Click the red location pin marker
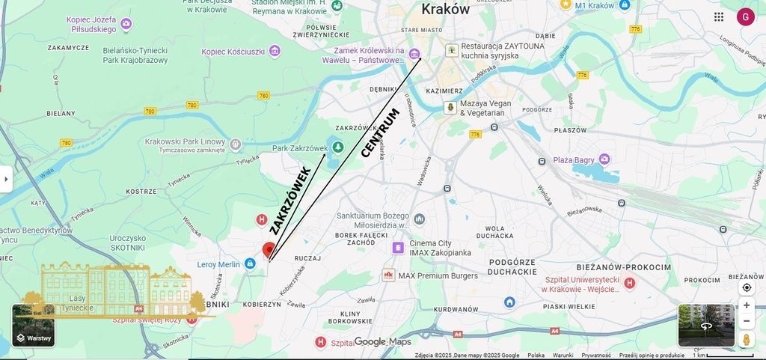(269, 250)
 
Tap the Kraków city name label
(445, 9)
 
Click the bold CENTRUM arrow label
(380, 133)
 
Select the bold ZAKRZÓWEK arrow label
(290, 201)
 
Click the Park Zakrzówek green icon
(337, 147)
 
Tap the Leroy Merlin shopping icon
(250, 263)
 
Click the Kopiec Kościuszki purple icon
(275, 51)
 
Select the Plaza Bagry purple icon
(604, 159)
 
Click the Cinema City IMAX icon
(398, 248)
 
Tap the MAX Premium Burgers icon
(388, 275)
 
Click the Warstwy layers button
(33, 326)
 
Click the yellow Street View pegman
(746, 339)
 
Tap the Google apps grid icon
(719, 16)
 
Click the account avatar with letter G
(745, 16)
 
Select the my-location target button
(747, 287)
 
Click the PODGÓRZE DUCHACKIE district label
(513, 266)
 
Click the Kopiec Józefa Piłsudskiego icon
(126, 24)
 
